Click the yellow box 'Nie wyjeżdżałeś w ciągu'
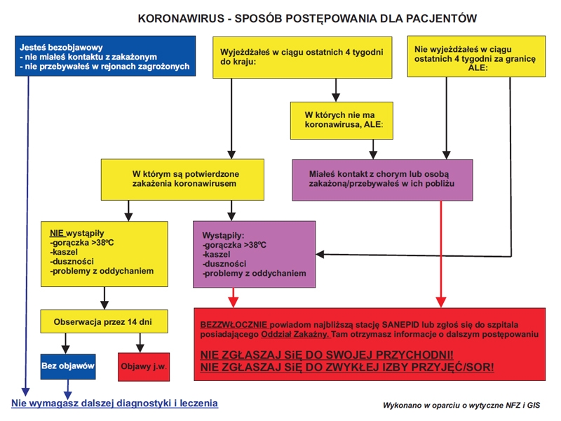476,55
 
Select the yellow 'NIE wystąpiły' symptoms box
103,253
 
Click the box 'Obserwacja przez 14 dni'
103,323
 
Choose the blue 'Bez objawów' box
67,366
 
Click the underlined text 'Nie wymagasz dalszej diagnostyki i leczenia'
114,403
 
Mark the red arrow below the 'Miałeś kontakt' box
440,253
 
